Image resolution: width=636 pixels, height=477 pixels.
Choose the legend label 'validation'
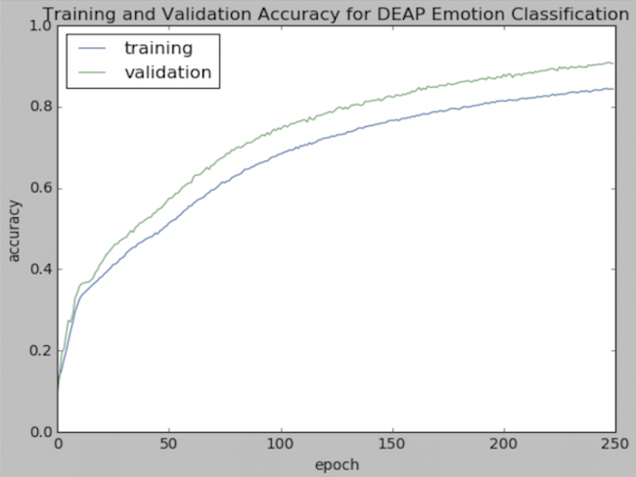click(x=167, y=71)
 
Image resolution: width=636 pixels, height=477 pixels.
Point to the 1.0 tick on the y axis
click(x=39, y=27)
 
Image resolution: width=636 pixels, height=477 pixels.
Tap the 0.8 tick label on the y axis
click(x=39, y=108)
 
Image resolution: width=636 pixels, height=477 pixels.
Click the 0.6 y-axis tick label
click(x=39, y=189)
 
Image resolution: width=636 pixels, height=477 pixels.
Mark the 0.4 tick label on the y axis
click(x=39, y=270)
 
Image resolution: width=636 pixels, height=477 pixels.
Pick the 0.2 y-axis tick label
click(x=39, y=351)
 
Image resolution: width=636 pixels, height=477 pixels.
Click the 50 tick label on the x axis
click(x=169, y=445)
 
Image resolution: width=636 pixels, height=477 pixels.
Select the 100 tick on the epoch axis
click(x=281, y=445)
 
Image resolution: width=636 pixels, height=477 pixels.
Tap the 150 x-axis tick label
click(x=392, y=445)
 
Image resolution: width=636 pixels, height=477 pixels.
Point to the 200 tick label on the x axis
click(x=504, y=445)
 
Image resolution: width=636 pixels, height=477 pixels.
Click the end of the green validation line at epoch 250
click(x=613, y=64)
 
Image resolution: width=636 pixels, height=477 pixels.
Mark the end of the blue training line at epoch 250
click(x=613, y=89)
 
